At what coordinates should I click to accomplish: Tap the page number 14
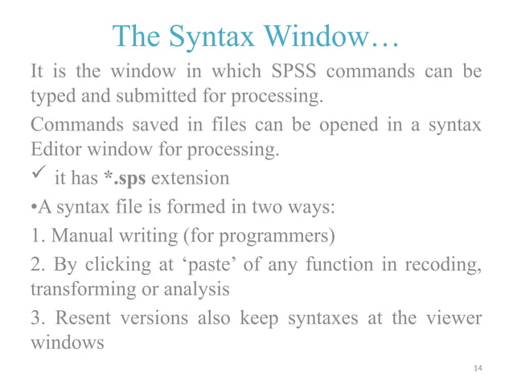pyautogui.click(x=478, y=368)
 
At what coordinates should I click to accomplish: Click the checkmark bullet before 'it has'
pyautogui.click(x=39, y=176)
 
